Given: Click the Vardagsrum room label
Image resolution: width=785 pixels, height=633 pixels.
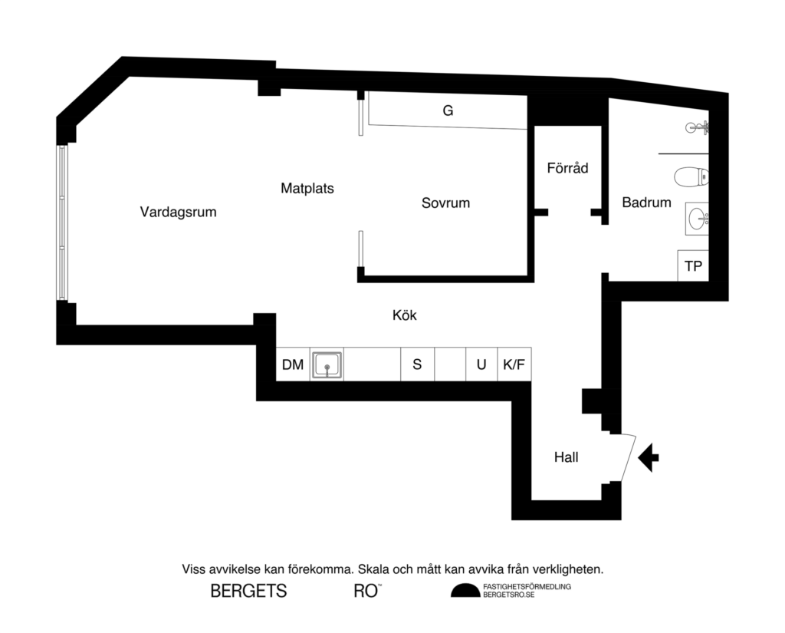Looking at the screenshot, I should (x=178, y=213).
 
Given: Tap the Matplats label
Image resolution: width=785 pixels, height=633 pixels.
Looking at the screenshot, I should (x=307, y=188).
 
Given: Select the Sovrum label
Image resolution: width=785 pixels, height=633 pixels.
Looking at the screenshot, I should (x=445, y=203).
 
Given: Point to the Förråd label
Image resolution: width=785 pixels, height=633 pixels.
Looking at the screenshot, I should (x=568, y=167).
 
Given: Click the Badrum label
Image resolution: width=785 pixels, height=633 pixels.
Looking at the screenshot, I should (x=646, y=203).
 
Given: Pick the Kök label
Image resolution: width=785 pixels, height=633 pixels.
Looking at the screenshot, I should (x=404, y=315).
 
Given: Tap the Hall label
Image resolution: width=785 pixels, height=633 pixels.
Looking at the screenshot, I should (x=566, y=458).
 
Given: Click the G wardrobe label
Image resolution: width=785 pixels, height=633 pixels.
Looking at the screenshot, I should (x=448, y=111).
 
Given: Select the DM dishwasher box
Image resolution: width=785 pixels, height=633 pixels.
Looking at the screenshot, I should (x=293, y=364).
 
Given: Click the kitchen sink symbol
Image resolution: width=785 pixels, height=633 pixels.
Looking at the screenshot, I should (x=327, y=364).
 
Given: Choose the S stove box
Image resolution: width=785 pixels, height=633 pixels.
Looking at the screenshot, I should (x=417, y=364).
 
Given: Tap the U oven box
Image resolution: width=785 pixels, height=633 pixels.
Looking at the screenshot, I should (x=481, y=364).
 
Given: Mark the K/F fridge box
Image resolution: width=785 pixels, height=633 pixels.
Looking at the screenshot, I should (x=514, y=364).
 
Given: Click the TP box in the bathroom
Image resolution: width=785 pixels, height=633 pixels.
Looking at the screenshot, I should (x=693, y=266).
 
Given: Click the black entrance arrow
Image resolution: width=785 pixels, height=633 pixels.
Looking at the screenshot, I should (x=649, y=457).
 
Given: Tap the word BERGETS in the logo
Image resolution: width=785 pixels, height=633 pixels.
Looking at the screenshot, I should (x=248, y=592).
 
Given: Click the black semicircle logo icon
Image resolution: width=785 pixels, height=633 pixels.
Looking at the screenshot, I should (x=464, y=590).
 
